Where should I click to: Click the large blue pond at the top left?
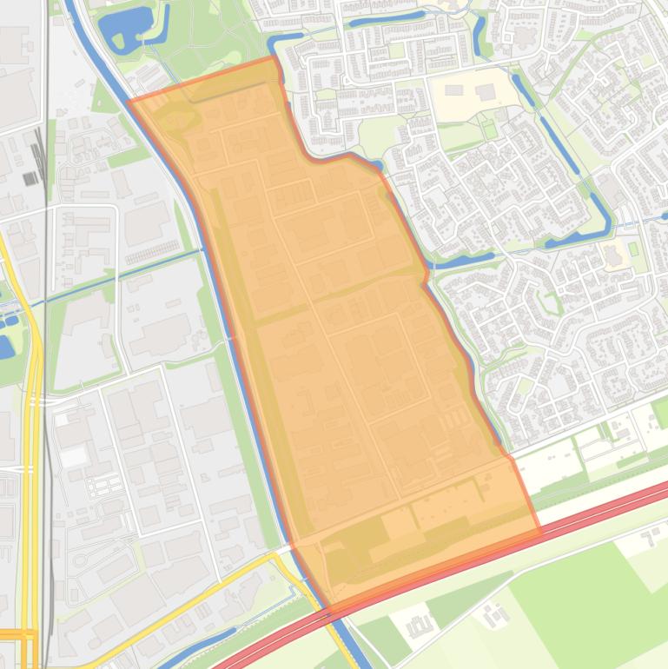122,26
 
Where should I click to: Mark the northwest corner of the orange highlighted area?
130,101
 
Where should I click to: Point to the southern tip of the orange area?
330,606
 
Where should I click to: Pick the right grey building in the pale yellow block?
485,92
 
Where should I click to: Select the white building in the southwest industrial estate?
74,454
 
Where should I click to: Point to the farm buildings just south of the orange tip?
420,624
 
